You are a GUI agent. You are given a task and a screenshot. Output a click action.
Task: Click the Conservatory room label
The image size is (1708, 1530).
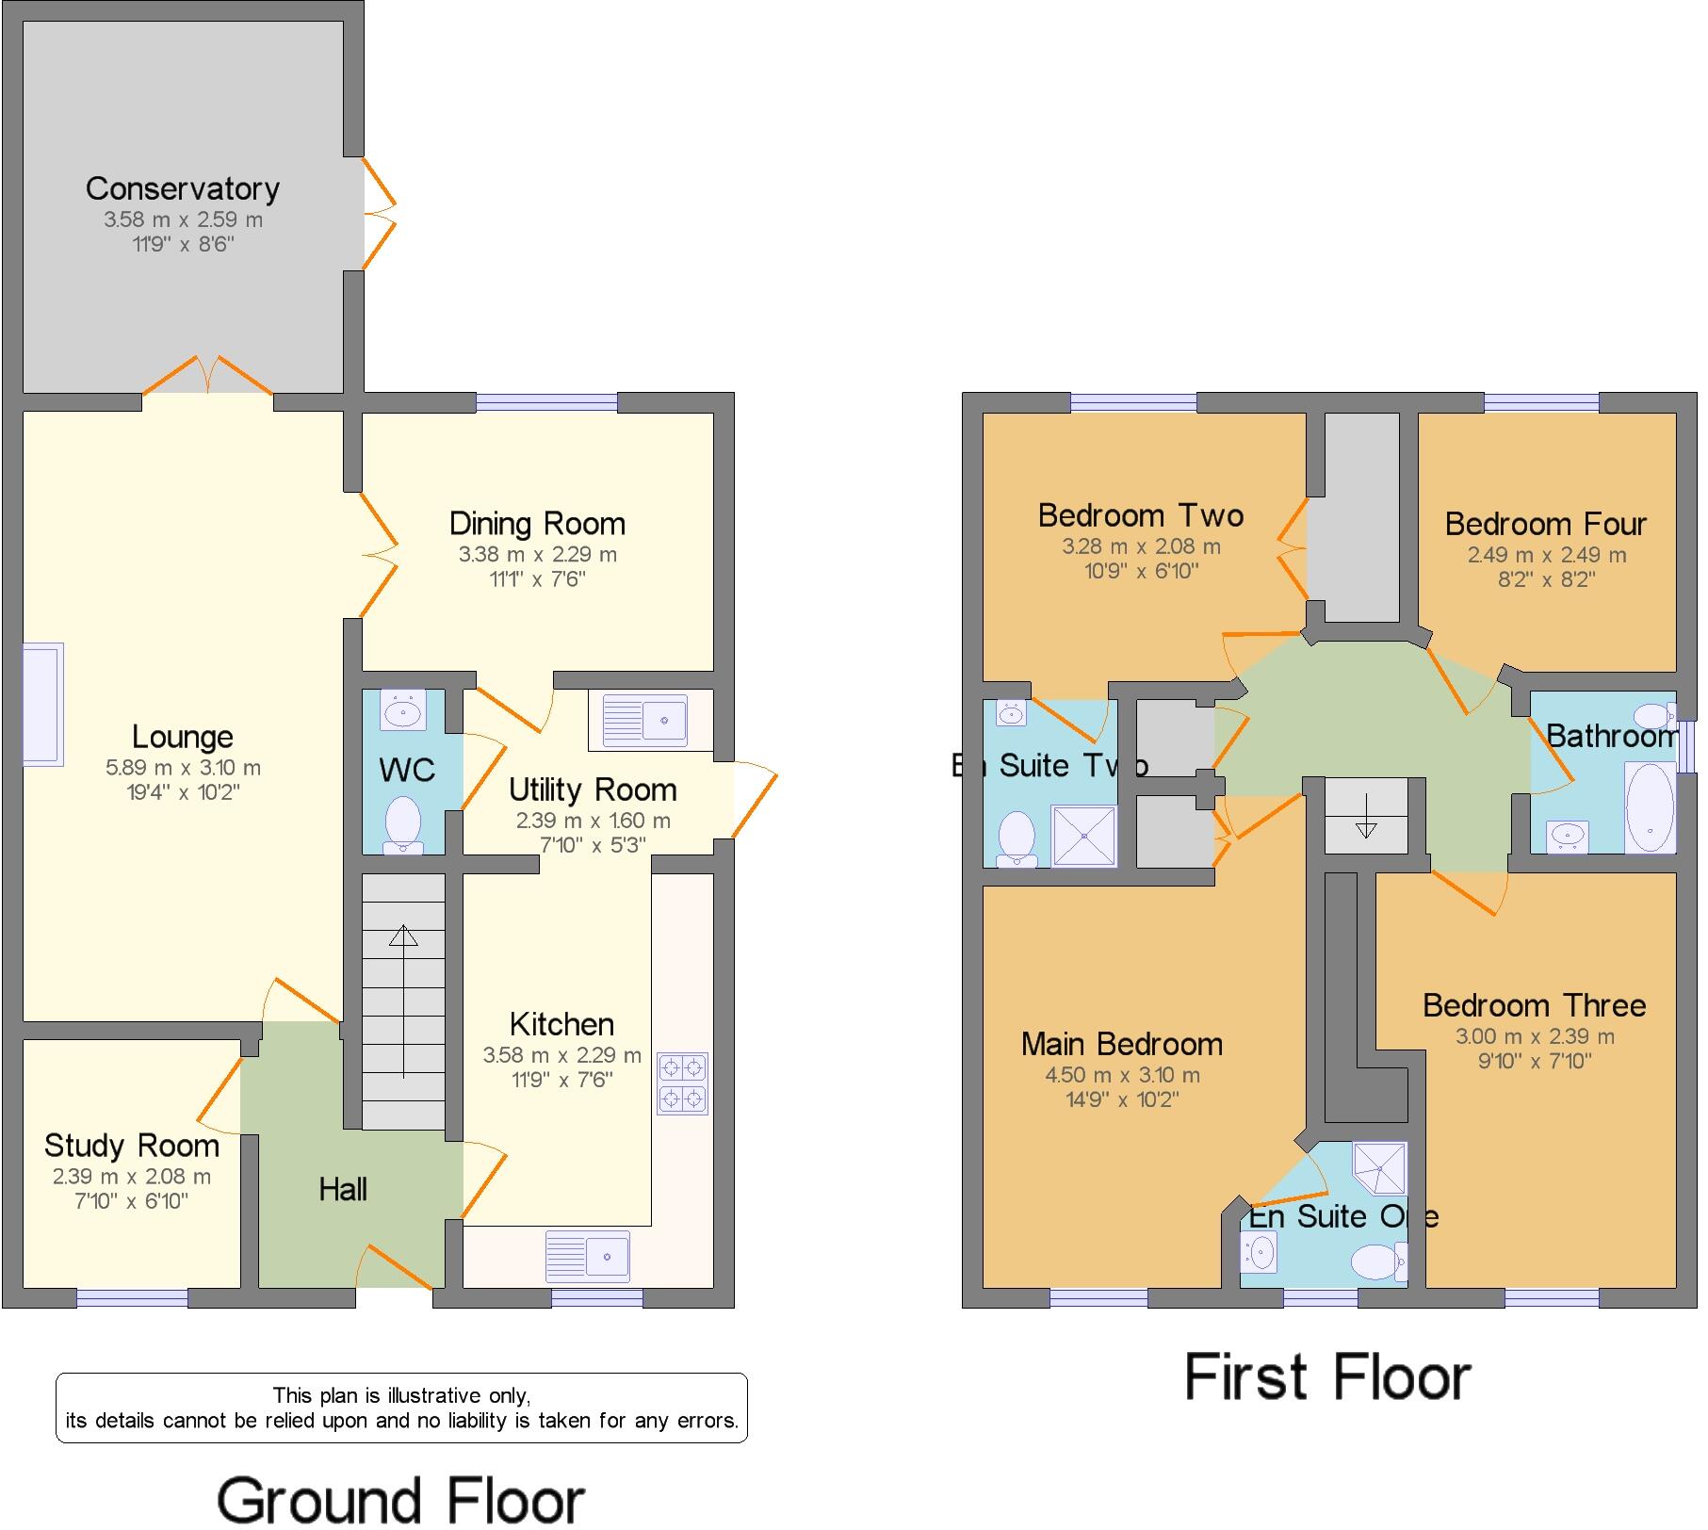(182, 188)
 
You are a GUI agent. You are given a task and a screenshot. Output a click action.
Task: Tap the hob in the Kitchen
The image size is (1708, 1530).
(683, 1083)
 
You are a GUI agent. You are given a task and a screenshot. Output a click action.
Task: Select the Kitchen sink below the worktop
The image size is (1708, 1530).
(588, 1256)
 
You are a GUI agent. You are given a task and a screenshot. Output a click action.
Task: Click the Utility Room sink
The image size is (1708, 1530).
(645, 721)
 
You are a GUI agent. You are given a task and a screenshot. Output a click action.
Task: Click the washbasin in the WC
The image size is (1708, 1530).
(403, 709)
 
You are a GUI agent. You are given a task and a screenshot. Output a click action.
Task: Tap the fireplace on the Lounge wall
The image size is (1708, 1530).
(42, 704)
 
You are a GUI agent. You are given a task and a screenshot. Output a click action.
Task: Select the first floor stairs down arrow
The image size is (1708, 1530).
(1366, 816)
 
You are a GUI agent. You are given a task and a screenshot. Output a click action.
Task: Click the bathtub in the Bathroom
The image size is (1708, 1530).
(1650, 807)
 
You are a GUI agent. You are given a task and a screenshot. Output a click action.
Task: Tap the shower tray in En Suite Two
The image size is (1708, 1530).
(1082, 835)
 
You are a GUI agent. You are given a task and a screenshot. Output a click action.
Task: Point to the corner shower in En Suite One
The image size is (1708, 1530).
(1381, 1167)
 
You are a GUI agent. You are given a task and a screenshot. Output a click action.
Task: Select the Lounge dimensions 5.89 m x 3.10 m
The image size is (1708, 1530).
(183, 768)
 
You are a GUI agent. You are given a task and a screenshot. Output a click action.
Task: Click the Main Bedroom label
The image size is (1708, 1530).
(1121, 1044)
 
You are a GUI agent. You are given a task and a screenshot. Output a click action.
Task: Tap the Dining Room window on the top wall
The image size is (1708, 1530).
(546, 402)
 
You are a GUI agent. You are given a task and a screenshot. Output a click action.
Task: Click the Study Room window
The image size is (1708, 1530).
(131, 1298)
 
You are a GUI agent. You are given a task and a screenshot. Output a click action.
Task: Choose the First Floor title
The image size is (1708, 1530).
(1326, 1377)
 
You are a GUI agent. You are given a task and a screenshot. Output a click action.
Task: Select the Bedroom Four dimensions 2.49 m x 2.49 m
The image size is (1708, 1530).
(1546, 555)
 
